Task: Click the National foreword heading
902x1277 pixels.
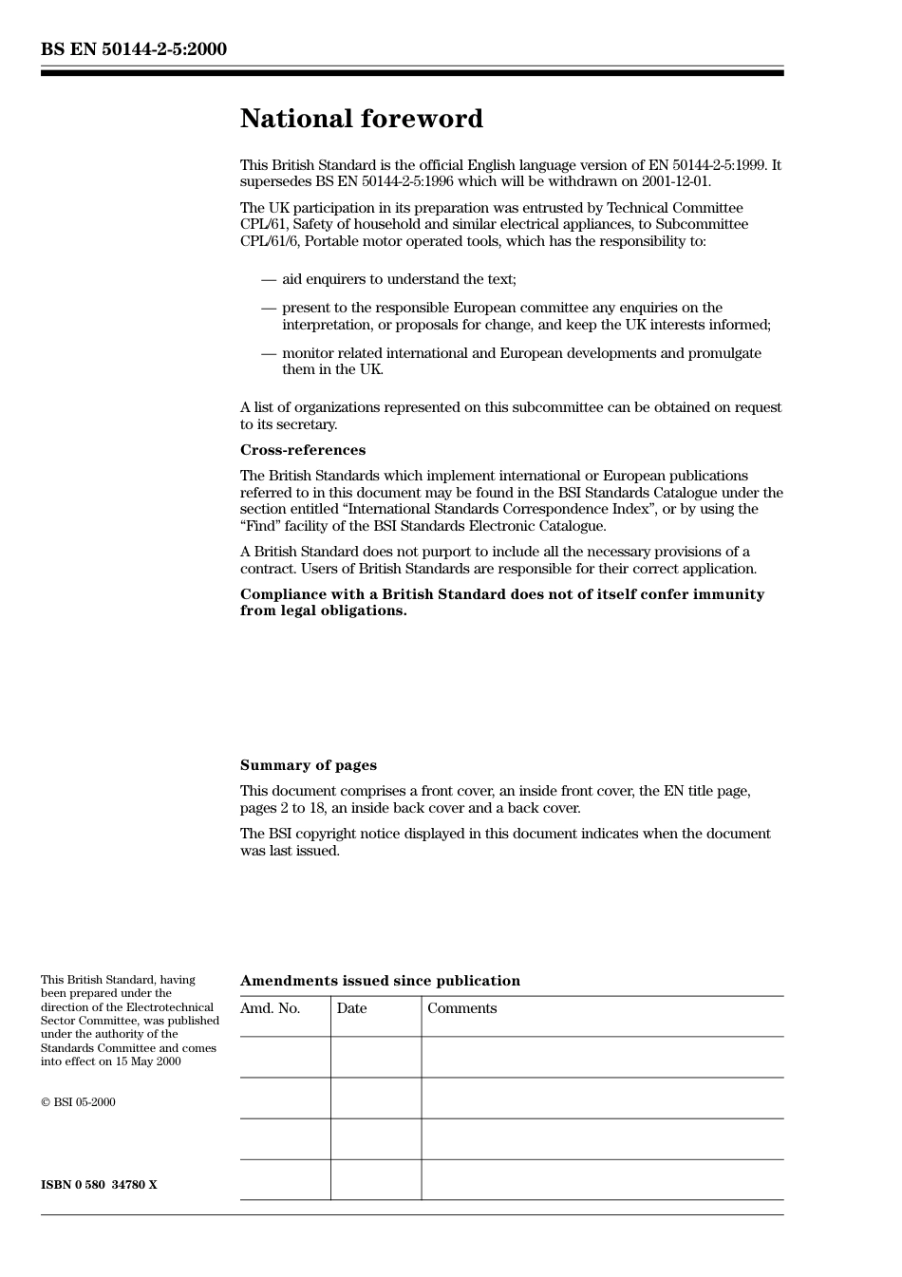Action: (x=361, y=119)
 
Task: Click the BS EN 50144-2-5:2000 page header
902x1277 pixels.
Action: (x=133, y=49)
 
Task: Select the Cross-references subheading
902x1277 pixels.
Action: (x=302, y=450)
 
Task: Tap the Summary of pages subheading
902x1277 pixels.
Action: (x=308, y=765)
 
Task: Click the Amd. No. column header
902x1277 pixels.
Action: (x=270, y=1008)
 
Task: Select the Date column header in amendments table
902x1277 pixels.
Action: (x=351, y=1008)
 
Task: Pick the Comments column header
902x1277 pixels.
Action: (x=461, y=1008)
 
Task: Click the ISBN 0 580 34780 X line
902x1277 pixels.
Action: (x=99, y=1185)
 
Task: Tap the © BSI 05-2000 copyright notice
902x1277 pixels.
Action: (x=78, y=1102)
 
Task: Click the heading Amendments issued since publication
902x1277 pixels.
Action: (x=380, y=981)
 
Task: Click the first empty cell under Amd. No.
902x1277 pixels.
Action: (x=285, y=1057)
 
